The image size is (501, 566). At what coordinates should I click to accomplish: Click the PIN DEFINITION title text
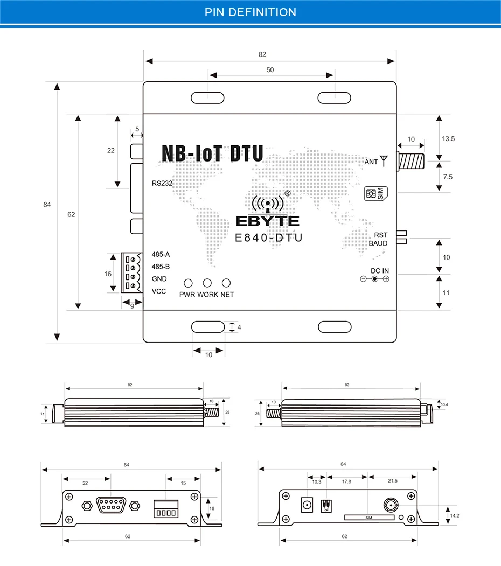[x=250, y=12]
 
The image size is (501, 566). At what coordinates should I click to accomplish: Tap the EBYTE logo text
[x=268, y=221]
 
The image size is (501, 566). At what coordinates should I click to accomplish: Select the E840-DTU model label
[x=269, y=237]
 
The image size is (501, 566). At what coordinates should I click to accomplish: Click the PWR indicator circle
[x=189, y=283]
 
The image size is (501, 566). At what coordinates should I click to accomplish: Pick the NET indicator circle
[x=226, y=283]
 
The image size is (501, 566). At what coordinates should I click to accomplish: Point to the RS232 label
[x=162, y=183]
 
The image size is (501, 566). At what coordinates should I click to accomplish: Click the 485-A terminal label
[x=161, y=254]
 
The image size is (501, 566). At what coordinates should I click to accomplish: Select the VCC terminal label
[x=159, y=291]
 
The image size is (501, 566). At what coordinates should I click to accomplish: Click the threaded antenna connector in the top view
[x=410, y=160]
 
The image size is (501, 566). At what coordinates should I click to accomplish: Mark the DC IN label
[x=379, y=270]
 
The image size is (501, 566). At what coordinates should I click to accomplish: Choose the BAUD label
[x=378, y=243]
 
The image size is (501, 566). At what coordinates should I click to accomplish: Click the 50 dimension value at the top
[x=270, y=70]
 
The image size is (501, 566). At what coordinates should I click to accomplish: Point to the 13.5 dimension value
[x=448, y=138]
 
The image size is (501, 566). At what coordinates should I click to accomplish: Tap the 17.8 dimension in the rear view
[x=346, y=481]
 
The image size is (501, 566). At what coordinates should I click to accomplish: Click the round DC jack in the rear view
[x=308, y=505]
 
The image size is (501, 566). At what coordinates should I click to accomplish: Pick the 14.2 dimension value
[x=454, y=515]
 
